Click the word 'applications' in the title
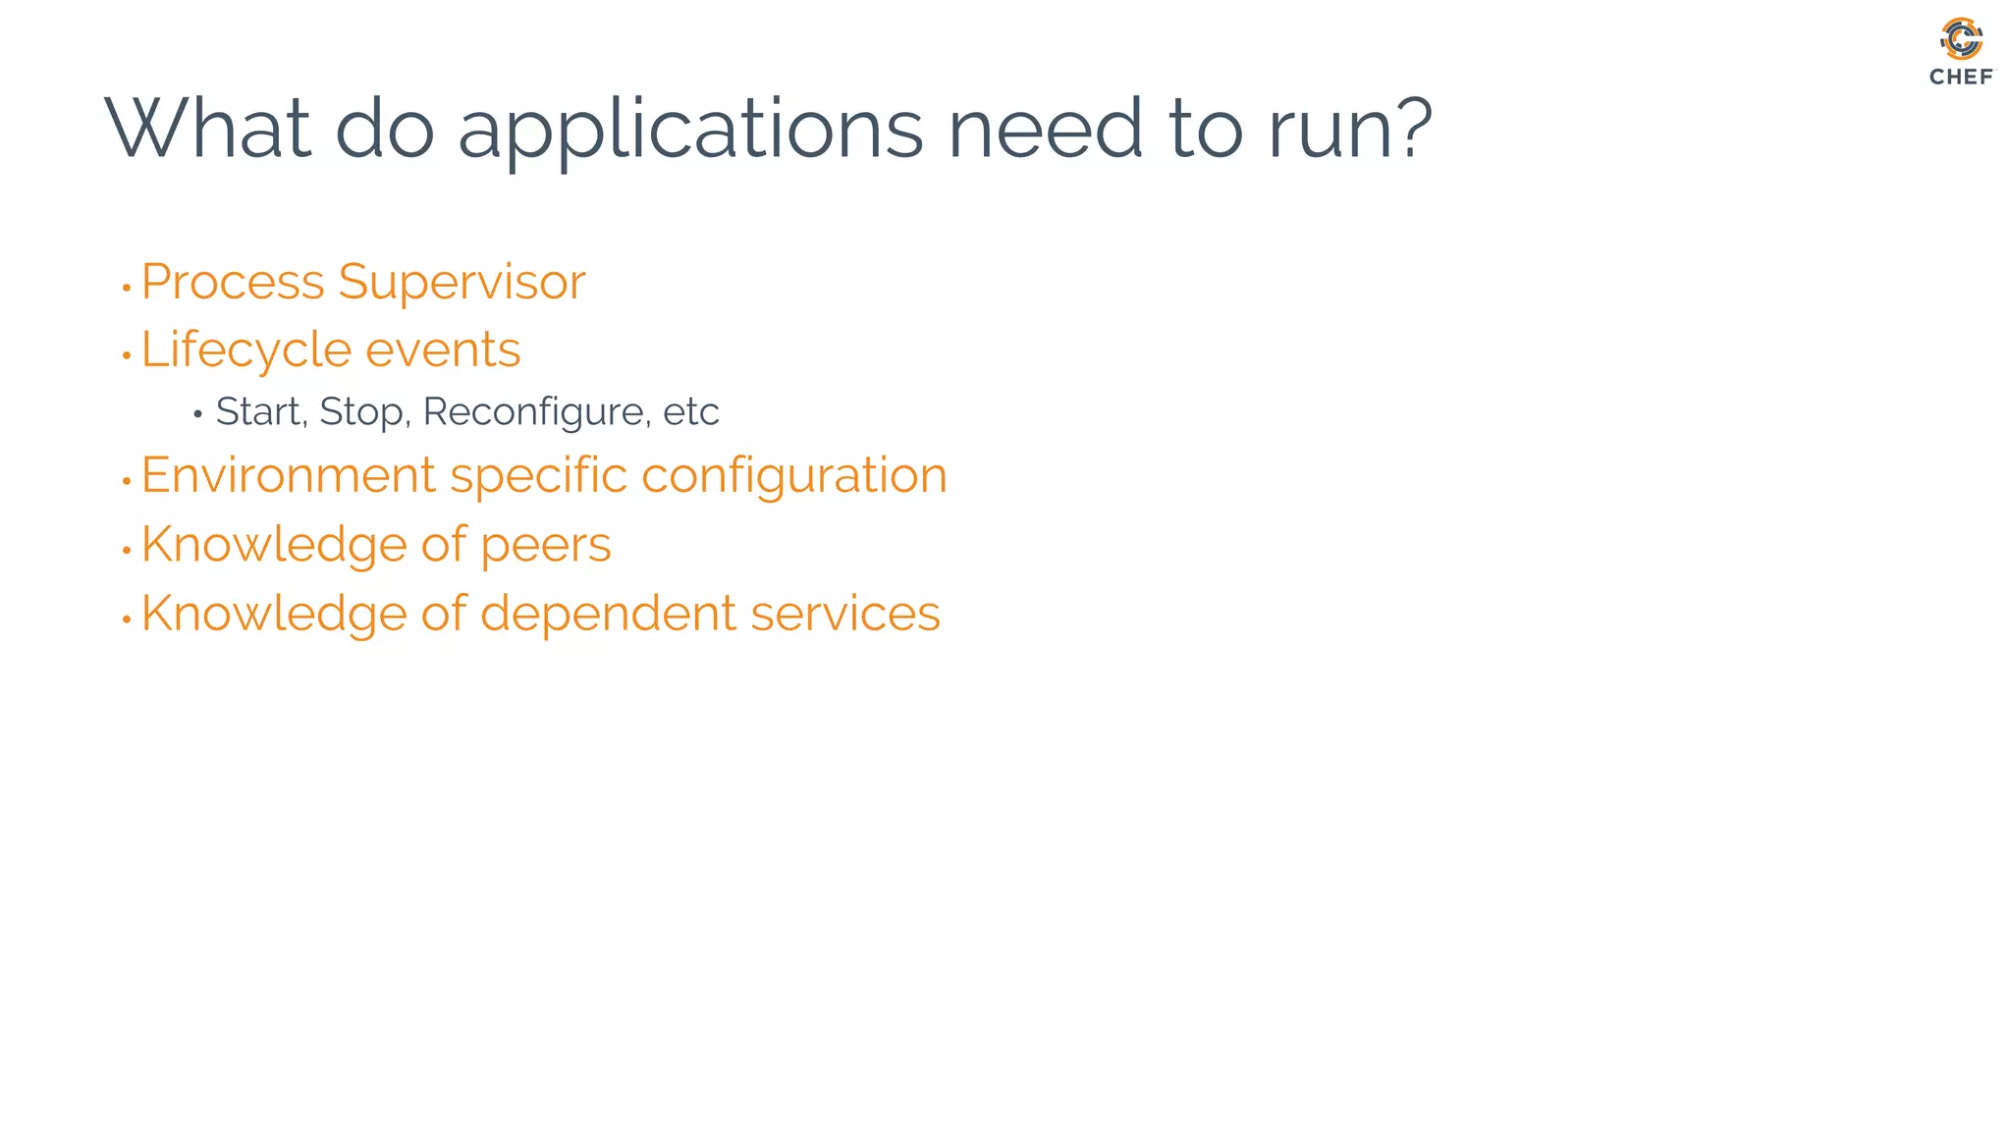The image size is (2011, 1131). tap(690, 131)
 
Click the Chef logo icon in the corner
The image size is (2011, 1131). tap(1961, 39)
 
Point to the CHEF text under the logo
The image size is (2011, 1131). tap(1961, 78)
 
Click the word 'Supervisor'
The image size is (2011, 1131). tap(462, 284)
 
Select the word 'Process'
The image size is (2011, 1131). tap(232, 284)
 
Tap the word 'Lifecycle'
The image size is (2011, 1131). tap(246, 350)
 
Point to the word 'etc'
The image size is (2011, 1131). tap(691, 412)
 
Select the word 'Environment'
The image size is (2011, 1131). tap(288, 476)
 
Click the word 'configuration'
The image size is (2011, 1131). tap(793, 476)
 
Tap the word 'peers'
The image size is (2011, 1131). tap(545, 545)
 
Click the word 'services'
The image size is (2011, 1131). tap(845, 614)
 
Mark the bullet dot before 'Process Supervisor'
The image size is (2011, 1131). tap(127, 289)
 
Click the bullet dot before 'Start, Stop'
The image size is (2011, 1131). tap(197, 415)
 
